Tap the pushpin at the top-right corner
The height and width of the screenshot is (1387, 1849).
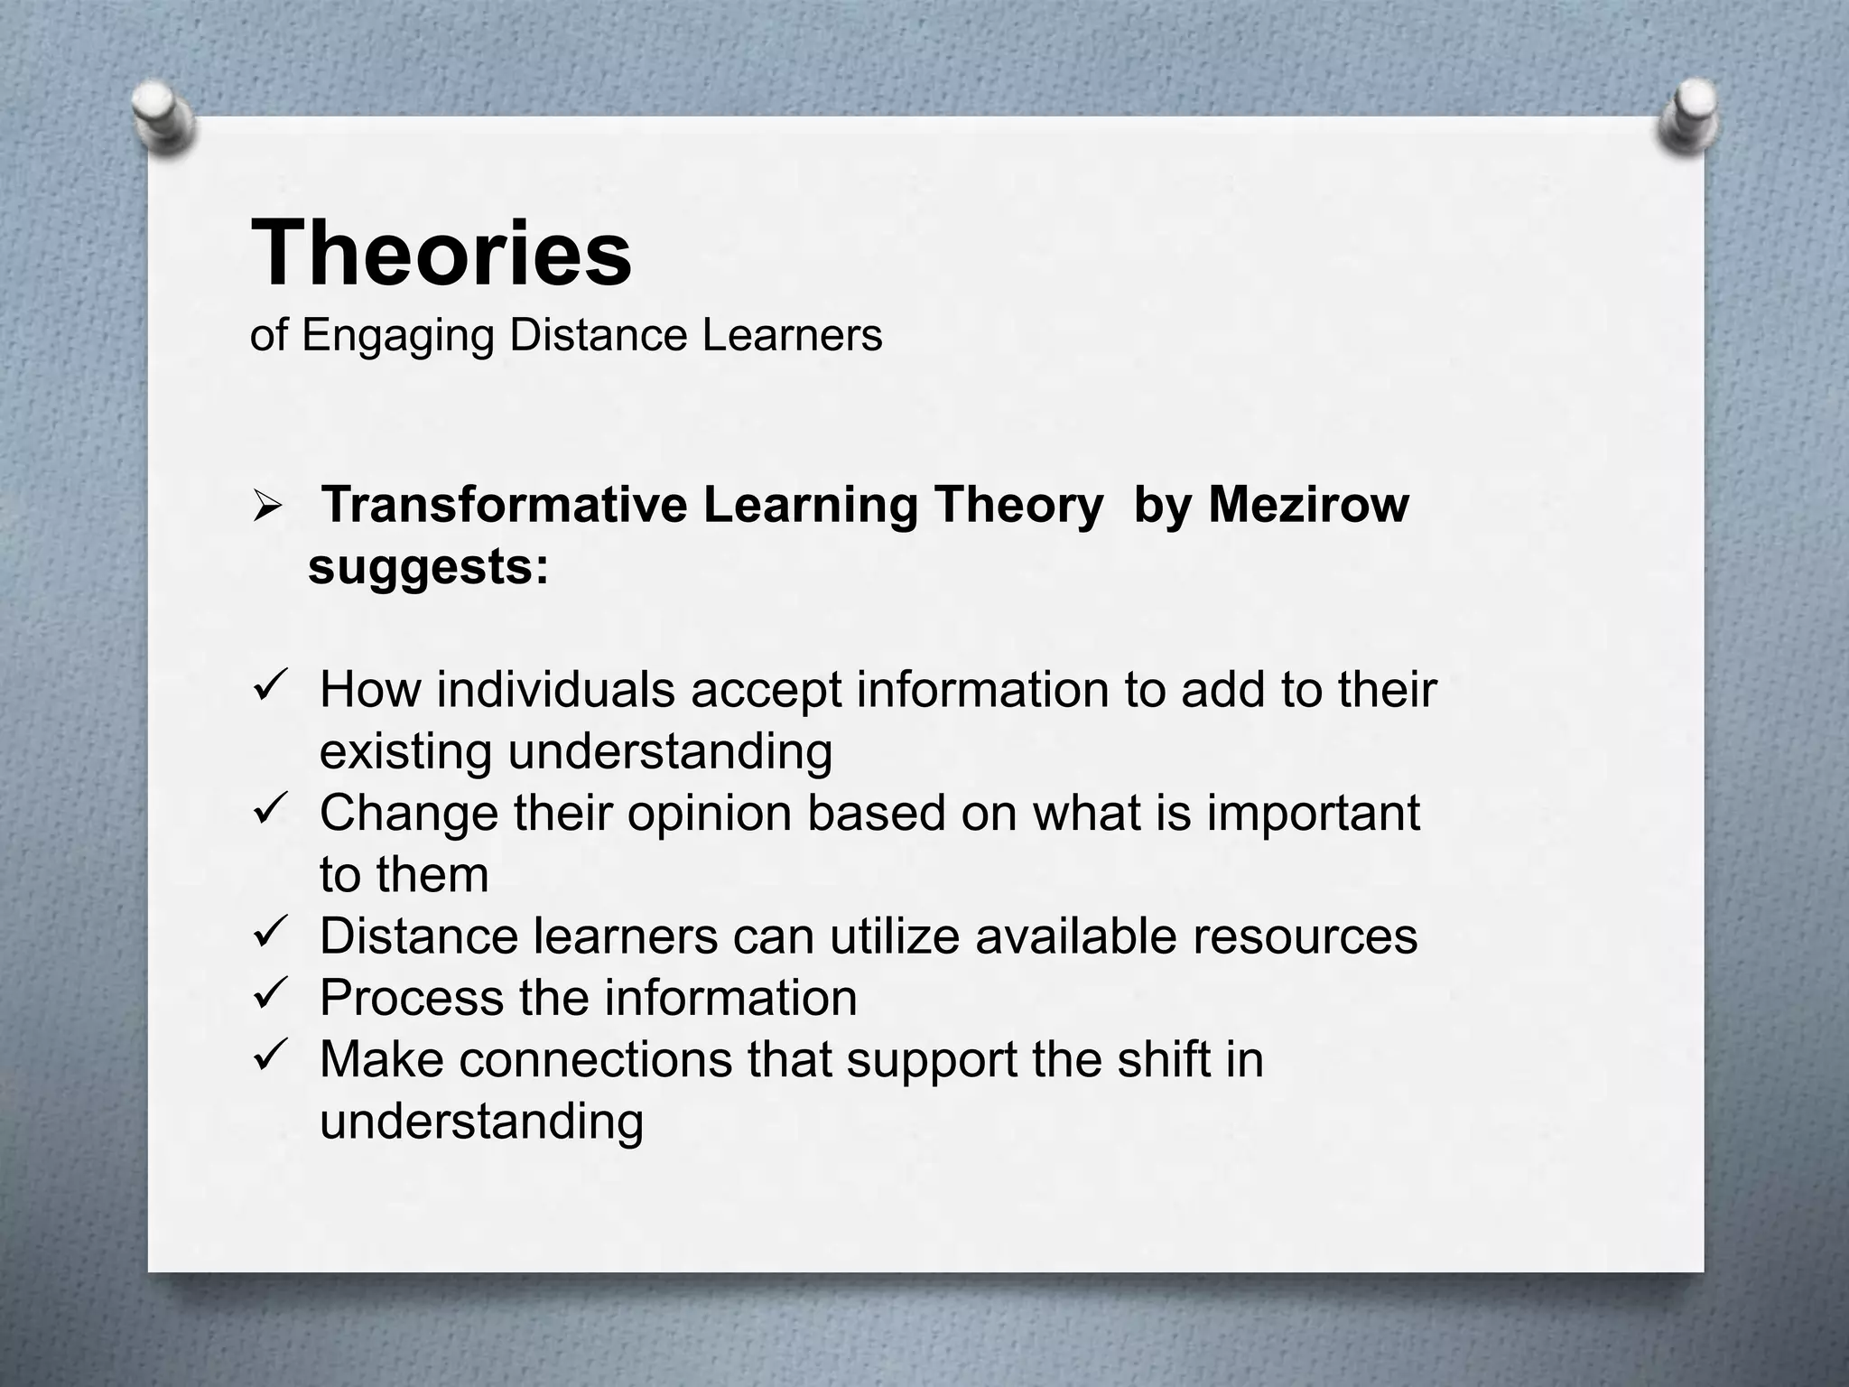tap(1687, 116)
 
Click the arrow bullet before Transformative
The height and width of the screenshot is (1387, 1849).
tap(269, 507)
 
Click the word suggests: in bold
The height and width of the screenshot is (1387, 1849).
tap(428, 568)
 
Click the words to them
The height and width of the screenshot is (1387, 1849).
tap(404, 874)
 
